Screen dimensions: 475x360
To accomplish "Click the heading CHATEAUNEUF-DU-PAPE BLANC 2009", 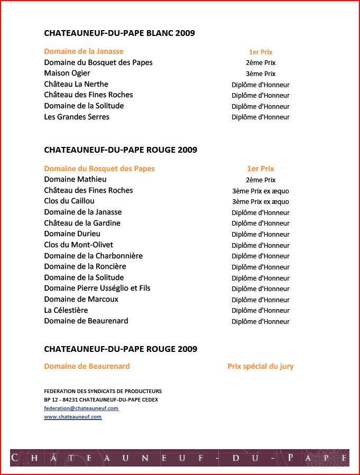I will click(119, 33).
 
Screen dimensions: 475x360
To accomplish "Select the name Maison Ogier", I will click(67, 73).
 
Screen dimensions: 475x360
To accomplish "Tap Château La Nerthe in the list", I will click(76, 84).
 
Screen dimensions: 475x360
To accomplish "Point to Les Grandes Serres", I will click(77, 117).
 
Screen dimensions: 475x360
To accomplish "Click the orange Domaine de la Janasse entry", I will click(84, 51).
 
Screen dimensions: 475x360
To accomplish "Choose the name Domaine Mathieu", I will click(75, 180).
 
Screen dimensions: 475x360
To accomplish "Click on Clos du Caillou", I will click(69, 201).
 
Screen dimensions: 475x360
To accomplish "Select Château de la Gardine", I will click(82, 223).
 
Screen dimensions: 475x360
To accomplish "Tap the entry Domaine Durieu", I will click(72, 234).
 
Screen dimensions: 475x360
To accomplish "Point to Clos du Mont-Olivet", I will click(78, 245).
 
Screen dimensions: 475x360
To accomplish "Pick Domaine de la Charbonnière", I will click(93, 256).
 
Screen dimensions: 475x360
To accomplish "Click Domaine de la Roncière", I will click(85, 267).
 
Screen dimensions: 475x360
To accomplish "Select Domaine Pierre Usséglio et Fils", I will click(97, 288).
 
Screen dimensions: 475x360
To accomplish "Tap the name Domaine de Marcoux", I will click(81, 300).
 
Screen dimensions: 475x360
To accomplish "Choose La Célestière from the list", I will click(66, 310).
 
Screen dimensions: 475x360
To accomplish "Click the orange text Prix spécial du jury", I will click(261, 367).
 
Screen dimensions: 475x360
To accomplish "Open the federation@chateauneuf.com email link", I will click(81, 408).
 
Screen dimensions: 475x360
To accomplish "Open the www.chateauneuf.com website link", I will click(72, 417).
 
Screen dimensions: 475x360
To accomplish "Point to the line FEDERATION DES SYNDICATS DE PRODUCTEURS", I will click(103, 392).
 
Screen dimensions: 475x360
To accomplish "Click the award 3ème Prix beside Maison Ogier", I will click(261, 74).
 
